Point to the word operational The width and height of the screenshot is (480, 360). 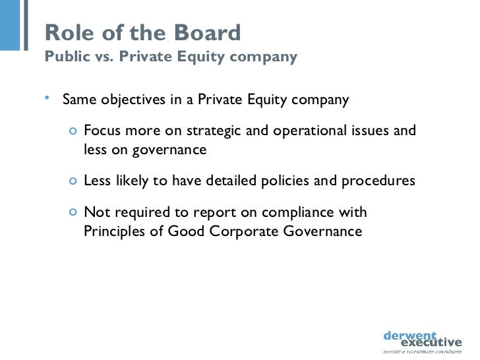[x=301, y=130]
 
